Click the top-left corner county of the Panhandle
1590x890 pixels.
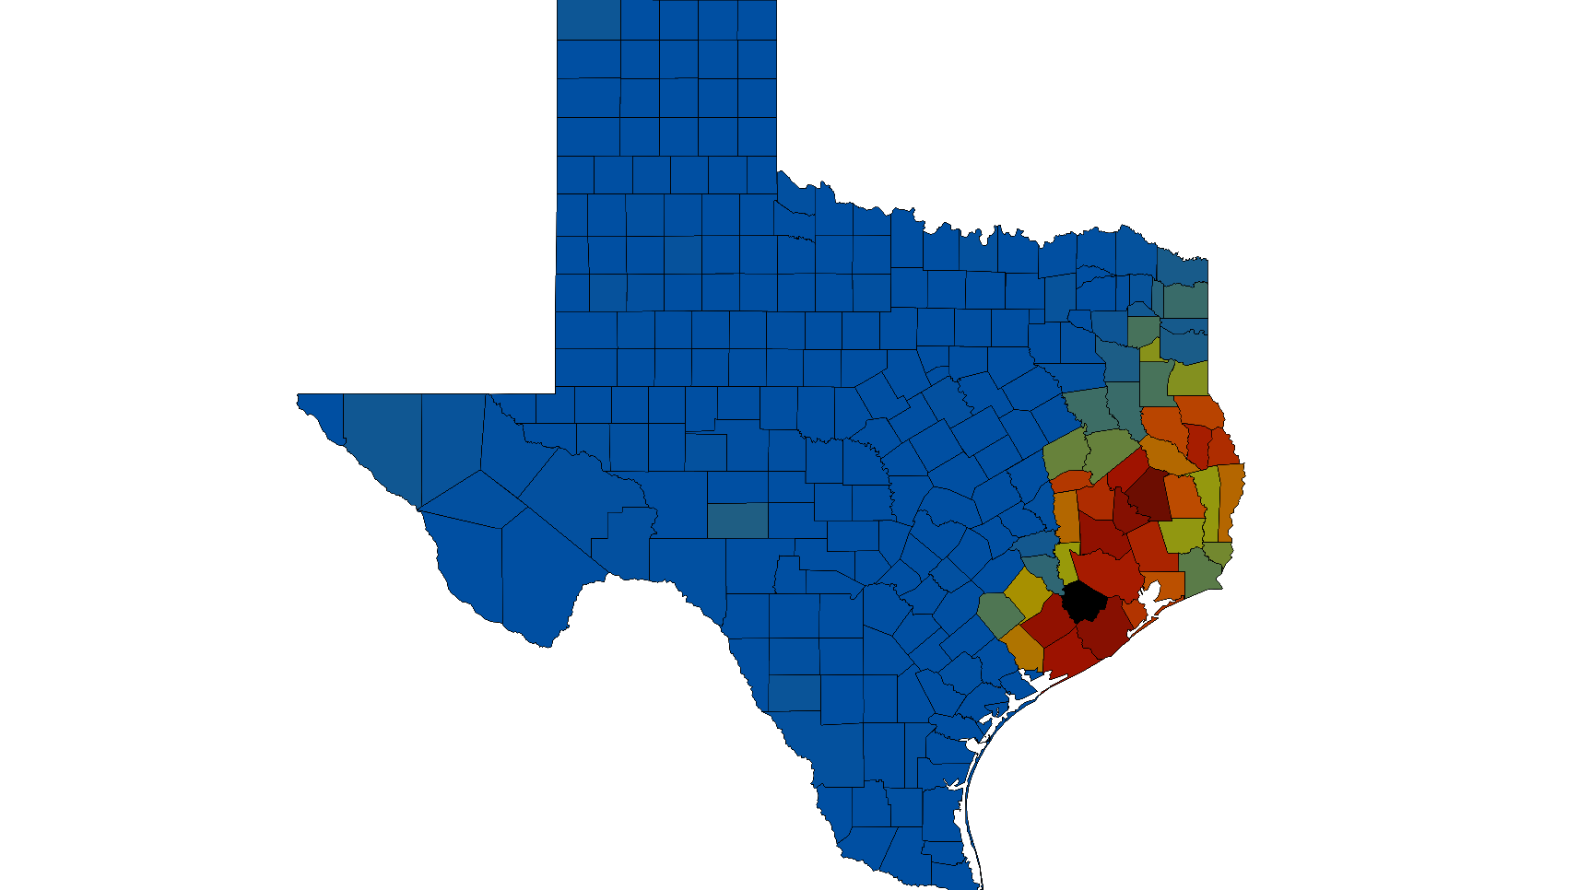(588, 19)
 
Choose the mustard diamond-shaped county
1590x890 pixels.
(1025, 591)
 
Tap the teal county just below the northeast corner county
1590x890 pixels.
(1185, 300)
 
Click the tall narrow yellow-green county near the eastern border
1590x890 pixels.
(1207, 502)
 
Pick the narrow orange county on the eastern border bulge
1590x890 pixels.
(1231, 498)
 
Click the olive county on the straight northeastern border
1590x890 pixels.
(1189, 378)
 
